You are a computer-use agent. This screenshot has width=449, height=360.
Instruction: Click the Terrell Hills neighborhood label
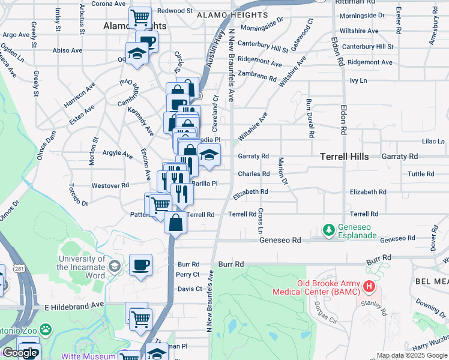[344, 156]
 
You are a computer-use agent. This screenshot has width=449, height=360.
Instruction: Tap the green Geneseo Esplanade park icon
[329, 229]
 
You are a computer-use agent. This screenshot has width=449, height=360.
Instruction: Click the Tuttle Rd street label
[420, 174]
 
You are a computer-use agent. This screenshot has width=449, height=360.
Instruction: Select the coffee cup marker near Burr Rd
[140, 265]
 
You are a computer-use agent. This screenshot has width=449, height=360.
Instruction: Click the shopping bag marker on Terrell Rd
[175, 223]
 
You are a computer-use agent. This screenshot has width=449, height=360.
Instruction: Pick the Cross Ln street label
[261, 221]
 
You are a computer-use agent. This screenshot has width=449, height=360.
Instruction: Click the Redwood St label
[175, 11]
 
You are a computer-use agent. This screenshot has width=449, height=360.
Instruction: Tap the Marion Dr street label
[282, 170]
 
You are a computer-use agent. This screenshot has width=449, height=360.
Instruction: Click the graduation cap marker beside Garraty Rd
[208, 155]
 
